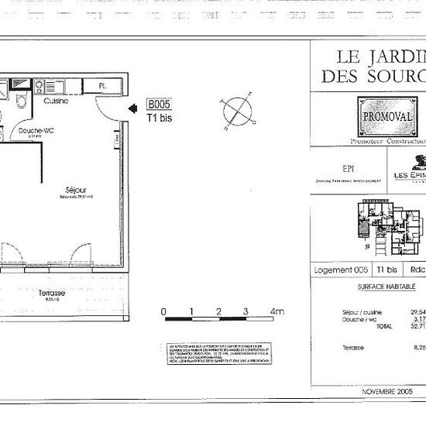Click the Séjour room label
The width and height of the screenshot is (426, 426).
coord(75,190)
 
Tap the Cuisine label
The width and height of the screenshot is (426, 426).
coord(56,101)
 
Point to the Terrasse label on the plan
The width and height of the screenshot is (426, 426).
coord(52,293)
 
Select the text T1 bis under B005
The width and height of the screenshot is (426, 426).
coord(160,119)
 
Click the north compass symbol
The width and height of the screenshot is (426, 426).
coord(237,110)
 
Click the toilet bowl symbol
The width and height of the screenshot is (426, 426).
coord(22,101)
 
